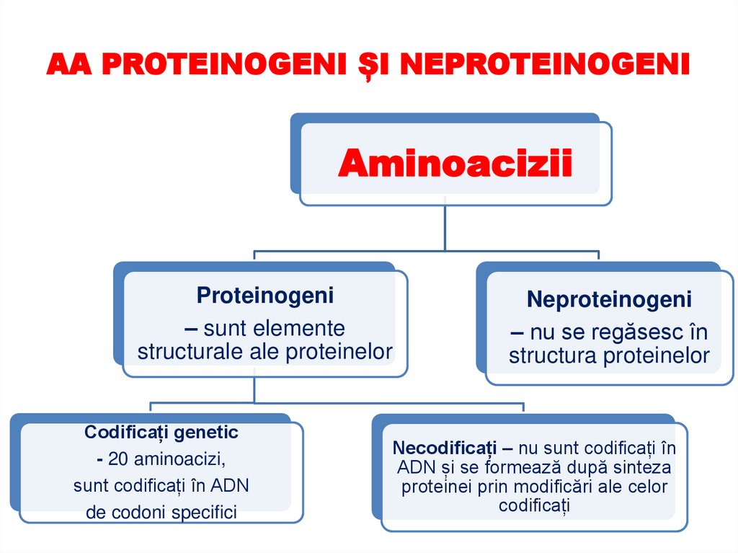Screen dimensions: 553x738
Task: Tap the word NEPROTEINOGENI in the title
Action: tap(544, 64)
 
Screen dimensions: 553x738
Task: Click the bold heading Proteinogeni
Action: tap(265, 295)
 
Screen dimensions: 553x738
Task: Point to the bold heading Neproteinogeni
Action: tap(609, 299)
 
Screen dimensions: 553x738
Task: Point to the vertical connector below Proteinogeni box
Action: tap(255, 389)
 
